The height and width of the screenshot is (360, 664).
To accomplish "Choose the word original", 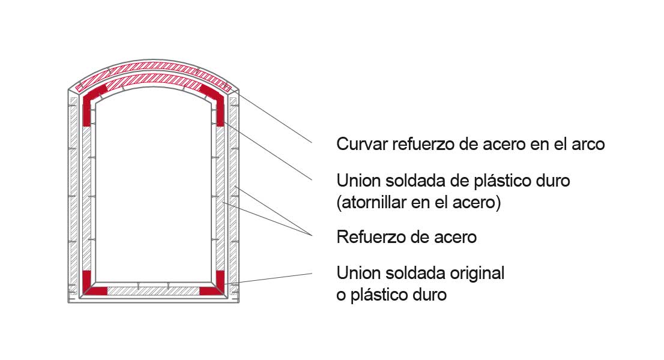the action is (477, 273).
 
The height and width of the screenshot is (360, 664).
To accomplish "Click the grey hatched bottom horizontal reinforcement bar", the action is (153, 291).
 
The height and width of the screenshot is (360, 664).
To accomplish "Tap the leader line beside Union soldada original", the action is (268, 278).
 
